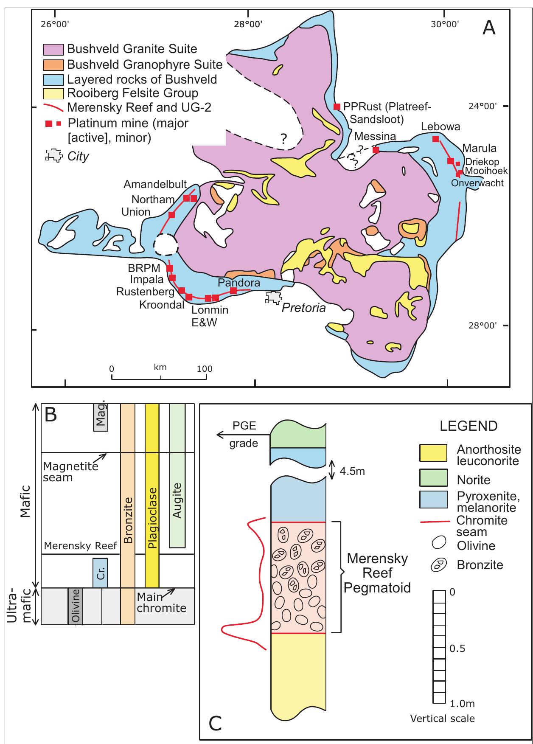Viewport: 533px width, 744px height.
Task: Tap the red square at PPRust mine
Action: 337,107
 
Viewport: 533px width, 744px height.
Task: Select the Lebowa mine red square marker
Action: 435,139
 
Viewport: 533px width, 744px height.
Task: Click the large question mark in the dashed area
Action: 283,138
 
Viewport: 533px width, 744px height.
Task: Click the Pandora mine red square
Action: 233,291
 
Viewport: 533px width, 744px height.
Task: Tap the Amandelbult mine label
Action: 155,184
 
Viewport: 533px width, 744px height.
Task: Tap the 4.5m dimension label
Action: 352,471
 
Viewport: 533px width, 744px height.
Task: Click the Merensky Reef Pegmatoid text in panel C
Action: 377,573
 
